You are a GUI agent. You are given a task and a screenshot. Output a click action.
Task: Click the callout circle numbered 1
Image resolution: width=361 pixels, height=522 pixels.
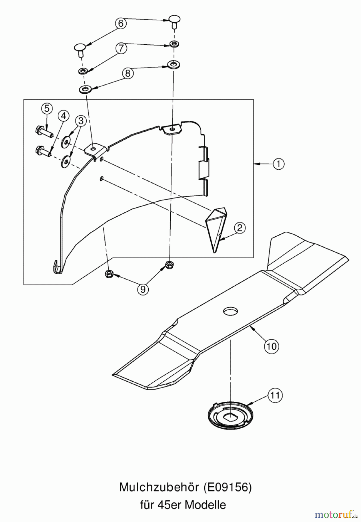[278, 164]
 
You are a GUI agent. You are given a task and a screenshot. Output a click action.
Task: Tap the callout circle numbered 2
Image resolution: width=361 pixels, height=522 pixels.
[240, 228]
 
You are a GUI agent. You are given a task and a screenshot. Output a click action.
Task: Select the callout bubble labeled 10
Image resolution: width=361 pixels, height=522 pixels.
[271, 346]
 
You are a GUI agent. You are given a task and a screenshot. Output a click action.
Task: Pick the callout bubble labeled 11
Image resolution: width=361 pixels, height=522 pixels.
[275, 395]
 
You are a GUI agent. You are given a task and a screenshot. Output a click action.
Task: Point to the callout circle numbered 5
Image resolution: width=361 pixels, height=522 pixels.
[47, 109]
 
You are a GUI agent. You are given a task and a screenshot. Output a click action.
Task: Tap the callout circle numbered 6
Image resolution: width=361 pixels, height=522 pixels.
[121, 23]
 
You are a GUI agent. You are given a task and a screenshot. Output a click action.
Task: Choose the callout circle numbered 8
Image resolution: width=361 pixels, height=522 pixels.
[128, 73]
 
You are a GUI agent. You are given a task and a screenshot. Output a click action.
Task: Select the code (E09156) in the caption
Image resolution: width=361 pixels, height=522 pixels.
[227, 487]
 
